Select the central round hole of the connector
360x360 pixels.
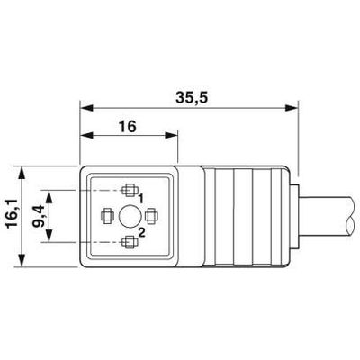coord(129,215)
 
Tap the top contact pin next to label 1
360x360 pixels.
coord(129,191)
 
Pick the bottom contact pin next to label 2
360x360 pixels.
coord(129,240)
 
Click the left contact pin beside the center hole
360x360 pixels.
coord(106,215)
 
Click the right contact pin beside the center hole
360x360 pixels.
coord(151,215)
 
